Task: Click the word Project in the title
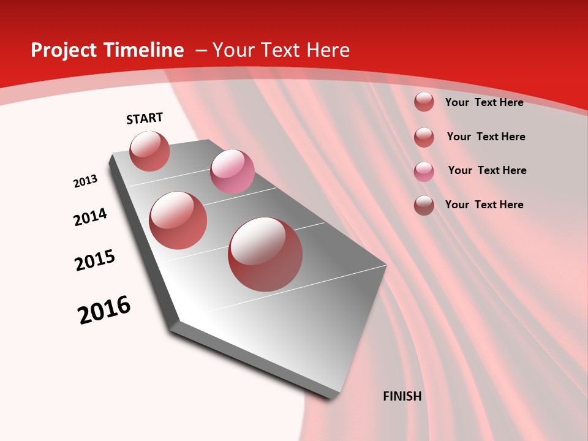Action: pyautogui.click(x=62, y=50)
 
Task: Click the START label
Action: pyautogui.click(x=145, y=118)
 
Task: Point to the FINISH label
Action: pyautogui.click(x=402, y=396)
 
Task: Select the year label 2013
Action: pyautogui.click(x=85, y=181)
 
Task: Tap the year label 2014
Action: pyautogui.click(x=90, y=217)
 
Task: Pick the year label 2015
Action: pyautogui.click(x=95, y=260)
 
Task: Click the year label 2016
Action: pyautogui.click(x=104, y=310)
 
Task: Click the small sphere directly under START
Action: pyautogui.click(x=149, y=151)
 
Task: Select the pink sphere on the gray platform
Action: pyautogui.click(x=232, y=171)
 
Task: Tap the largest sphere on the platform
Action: pyautogui.click(x=265, y=254)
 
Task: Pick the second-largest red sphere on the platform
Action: pyautogui.click(x=178, y=221)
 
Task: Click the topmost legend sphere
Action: pyautogui.click(x=424, y=102)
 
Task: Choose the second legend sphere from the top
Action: pyautogui.click(x=424, y=137)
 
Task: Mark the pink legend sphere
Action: pyautogui.click(x=424, y=171)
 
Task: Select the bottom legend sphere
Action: pyautogui.click(x=424, y=205)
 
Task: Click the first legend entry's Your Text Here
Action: pyautogui.click(x=484, y=102)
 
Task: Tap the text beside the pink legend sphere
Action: pyautogui.click(x=487, y=170)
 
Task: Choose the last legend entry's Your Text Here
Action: pyautogui.click(x=484, y=205)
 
